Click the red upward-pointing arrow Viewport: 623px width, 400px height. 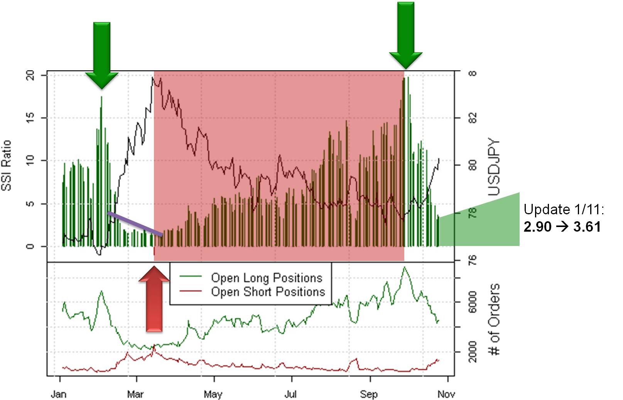[x=154, y=301]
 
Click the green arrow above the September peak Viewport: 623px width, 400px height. [x=405, y=35]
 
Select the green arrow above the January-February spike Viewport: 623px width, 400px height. [x=102, y=54]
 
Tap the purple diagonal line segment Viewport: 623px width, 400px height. [x=135, y=224]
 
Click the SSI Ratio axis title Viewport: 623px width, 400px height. [x=7, y=165]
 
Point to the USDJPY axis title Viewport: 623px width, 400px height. [x=494, y=167]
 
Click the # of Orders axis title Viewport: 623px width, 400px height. [x=494, y=319]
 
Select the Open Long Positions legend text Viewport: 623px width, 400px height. [x=267, y=278]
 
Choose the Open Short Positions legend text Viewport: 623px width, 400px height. [x=268, y=292]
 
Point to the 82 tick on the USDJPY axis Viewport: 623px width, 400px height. [x=473, y=117]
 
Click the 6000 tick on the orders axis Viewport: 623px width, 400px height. [x=473, y=302]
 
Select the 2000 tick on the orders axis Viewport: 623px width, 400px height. [x=473, y=352]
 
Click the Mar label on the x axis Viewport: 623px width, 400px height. [x=135, y=394]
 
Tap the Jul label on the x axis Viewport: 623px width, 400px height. [x=290, y=394]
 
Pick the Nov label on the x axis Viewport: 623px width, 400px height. [x=446, y=394]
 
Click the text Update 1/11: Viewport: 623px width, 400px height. [x=564, y=210]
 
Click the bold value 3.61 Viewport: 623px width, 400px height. [x=587, y=227]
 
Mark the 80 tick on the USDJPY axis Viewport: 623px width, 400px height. [x=473, y=165]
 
